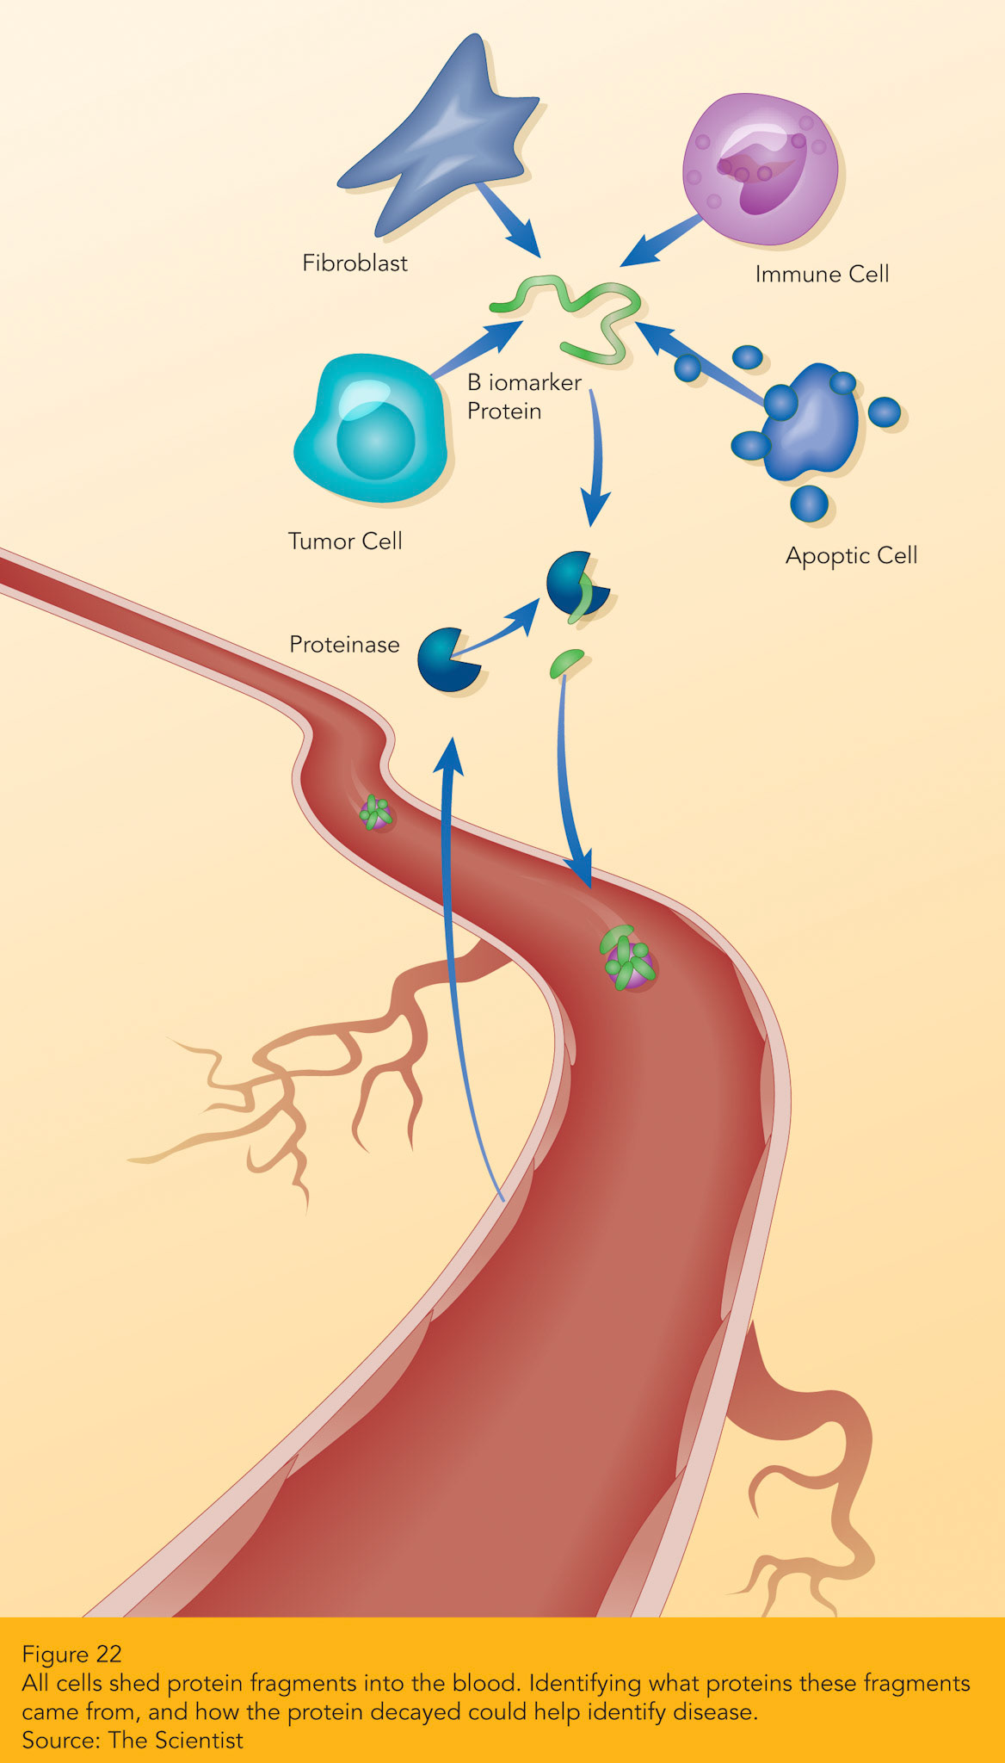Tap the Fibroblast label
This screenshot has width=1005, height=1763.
[355, 263]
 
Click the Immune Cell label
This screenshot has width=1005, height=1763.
[822, 274]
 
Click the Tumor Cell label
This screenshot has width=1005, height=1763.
[345, 541]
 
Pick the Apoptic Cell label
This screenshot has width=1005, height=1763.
[851, 555]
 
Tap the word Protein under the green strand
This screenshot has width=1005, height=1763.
[504, 411]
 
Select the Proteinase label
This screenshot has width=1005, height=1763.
[344, 644]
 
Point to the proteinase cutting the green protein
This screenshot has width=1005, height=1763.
[575, 585]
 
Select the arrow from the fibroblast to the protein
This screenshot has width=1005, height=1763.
[508, 220]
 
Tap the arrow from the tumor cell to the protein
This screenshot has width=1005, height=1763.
[477, 349]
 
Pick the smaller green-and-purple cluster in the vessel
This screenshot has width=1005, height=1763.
[377, 812]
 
